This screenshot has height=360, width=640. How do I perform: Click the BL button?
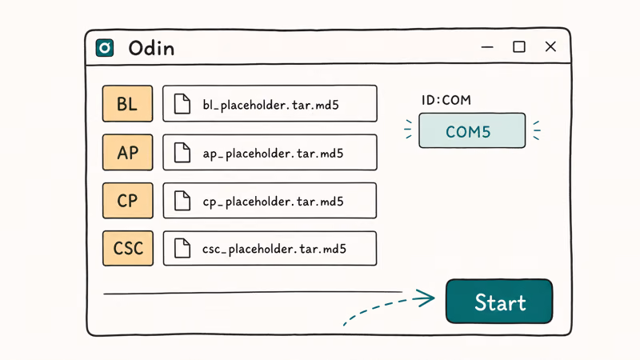point(127,104)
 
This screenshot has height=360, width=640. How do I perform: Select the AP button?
point(127,152)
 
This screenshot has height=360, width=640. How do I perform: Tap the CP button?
point(127,201)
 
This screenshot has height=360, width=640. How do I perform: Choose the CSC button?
point(128,248)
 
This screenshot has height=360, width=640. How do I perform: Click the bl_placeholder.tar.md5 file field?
point(270,104)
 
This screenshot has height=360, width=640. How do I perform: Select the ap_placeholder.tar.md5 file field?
point(270,152)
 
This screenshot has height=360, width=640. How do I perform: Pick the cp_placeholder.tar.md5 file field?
point(270,201)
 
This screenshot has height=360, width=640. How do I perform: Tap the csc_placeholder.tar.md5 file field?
point(270,248)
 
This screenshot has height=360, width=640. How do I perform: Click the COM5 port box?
point(472,130)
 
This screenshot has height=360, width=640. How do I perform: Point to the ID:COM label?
point(446,100)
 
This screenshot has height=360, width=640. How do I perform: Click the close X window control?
point(550,46)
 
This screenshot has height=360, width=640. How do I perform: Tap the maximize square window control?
point(518,47)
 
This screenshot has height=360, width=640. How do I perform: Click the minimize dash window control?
point(487,47)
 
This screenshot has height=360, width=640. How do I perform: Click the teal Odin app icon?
point(105,48)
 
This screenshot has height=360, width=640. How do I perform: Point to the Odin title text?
point(151,48)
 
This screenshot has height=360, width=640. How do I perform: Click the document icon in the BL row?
point(182,104)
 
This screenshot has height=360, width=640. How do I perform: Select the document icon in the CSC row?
point(182,248)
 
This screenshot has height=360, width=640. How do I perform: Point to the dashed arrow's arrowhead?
point(425,298)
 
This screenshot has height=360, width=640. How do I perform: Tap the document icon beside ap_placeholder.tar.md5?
point(182,153)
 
